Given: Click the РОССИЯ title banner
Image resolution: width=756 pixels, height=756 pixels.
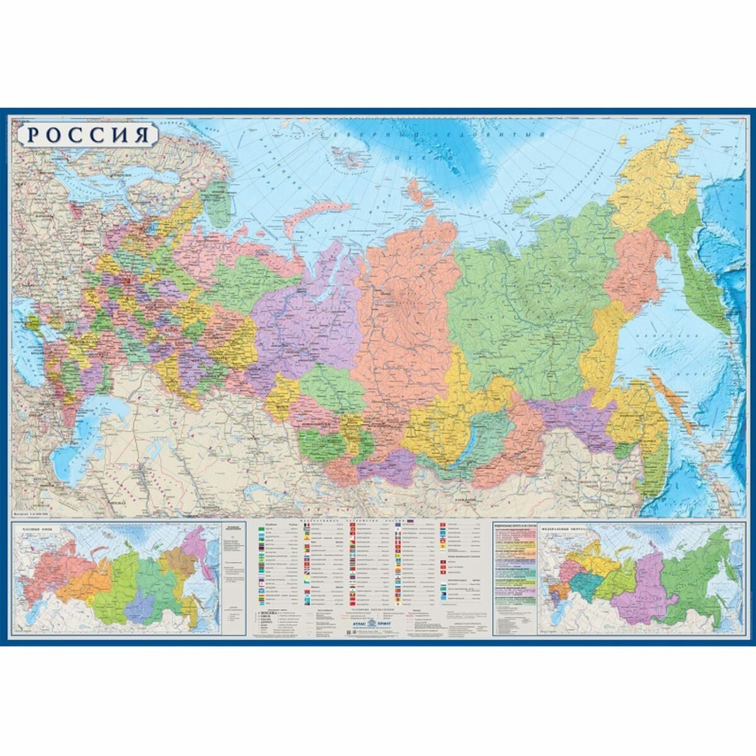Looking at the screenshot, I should pyautogui.click(x=84, y=134).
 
